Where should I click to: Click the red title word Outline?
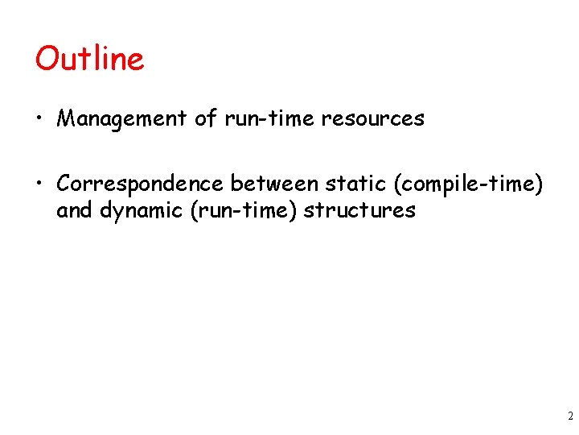[x=89, y=59]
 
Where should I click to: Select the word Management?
[x=122, y=119]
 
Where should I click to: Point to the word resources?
[x=372, y=119]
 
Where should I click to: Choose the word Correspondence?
[x=140, y=184]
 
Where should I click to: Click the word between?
[x=275, y=184]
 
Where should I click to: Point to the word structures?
[x=359, y=211]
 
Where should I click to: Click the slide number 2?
[x=569, y=416]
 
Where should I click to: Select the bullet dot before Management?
[x=39, y=120]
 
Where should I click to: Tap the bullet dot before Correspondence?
[x=39, y=184]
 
